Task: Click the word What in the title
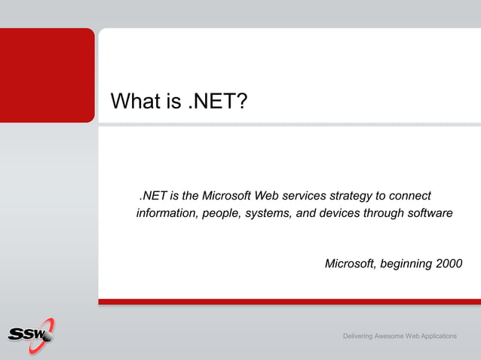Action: point(135,101)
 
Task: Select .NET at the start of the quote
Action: point(153,196)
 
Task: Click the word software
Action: point(428,213)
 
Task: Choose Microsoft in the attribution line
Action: point(350,264)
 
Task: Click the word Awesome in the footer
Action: point(395,335)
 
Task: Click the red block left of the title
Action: point(47,75)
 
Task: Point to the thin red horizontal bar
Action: point(290,301)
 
